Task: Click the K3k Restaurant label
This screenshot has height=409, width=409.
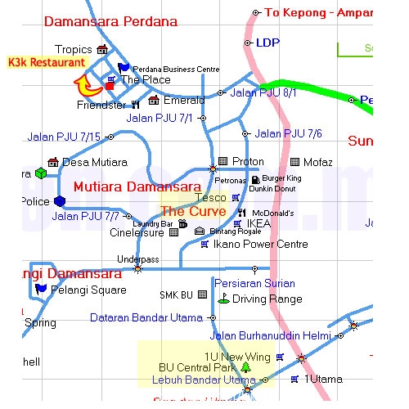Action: click(x=46, y=62)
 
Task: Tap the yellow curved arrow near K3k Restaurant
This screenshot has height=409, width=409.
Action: click(x=83, y=83)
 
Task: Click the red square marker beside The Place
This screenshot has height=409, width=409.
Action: click(x=110, y=85)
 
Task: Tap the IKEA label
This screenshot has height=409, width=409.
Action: click(x=258, y=222)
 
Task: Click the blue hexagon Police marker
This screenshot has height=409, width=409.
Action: click(x=59, y=201)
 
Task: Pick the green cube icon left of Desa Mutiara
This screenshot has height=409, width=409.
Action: click(x=41, y=173)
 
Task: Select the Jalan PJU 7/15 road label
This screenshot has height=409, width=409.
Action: click(x=64, y=137)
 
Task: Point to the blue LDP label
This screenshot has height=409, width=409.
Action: click(x=267, y=43)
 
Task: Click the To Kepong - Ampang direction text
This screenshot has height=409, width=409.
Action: click(x=320, y=12)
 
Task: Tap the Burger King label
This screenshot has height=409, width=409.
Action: click(x=282, y=178)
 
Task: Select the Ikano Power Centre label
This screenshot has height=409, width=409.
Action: click(x=260, y=244)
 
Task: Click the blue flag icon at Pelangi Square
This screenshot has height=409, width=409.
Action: click(x=42, y=289)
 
